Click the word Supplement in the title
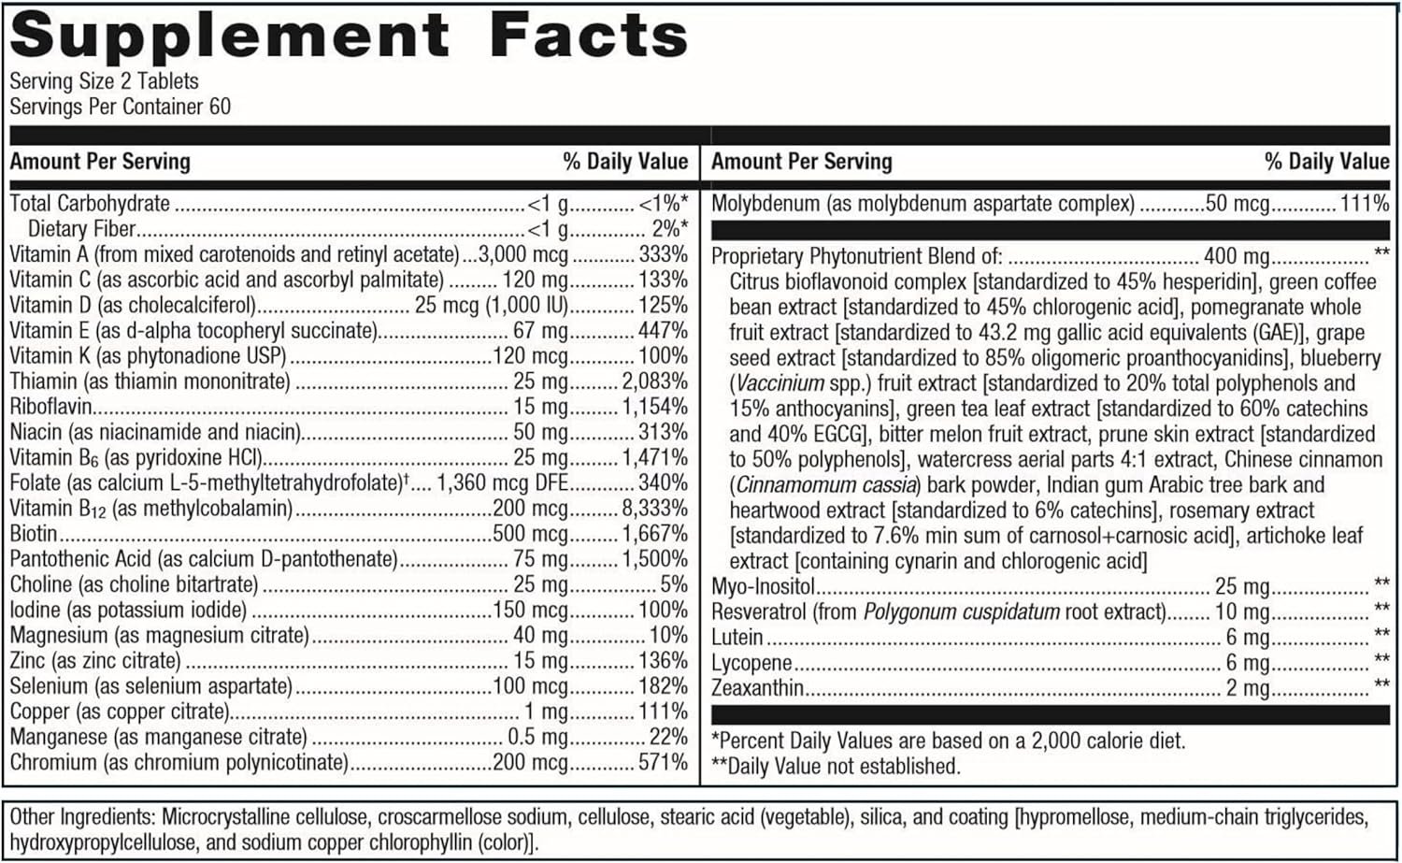click(229, 37)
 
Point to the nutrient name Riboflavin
click(50, 407)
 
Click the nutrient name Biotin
click(34, 534)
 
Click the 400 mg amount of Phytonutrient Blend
click(1237, 256)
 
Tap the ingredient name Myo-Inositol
click(763, 587)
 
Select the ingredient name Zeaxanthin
click(757, 689)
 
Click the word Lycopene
click(751, 664)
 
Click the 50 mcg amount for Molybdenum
click(1237, 204)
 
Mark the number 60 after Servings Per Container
click(220, 107)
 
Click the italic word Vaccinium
click(780, 383)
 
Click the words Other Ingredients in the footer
click(79, 817)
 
